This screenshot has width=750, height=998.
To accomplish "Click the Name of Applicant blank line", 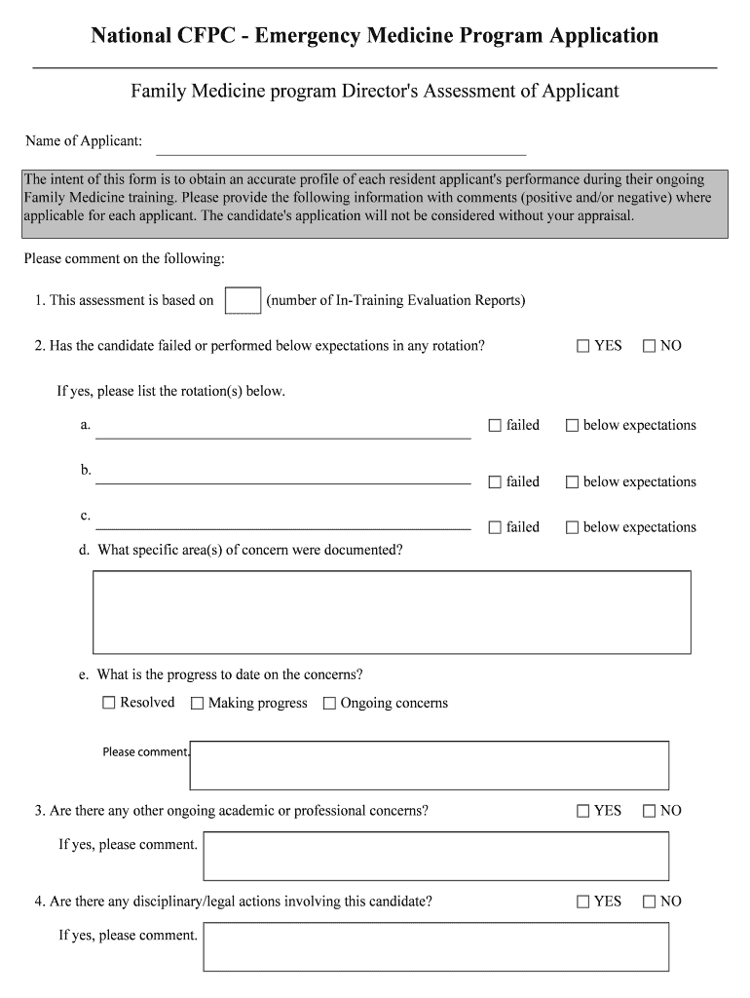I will pyautogui.click(x=341, y=146).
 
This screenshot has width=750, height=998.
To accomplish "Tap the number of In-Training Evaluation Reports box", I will pyautogui.click(x=243, y=300).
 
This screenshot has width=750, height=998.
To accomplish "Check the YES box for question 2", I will pyautogui.click(x=583, y=346).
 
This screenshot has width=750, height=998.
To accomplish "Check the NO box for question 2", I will pyautogui.click(x=650, y=346).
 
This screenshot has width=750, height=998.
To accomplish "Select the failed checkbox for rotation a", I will pyautogui.click(x=495, y=426).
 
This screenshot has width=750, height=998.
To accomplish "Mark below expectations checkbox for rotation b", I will pyautogui.click(x=573, y=482).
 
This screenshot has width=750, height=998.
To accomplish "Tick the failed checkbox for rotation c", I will pyautogui.click(x=495, y=527).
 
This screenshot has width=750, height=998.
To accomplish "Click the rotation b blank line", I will pyautogui.click(x=282, y=478).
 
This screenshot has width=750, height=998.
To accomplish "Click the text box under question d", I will pyautogui.click(x=392, y=611).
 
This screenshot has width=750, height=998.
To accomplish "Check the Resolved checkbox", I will pyautogui.click(x=109, y=703).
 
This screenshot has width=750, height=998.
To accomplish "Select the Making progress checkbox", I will pyautogui.click(x=198, y=703).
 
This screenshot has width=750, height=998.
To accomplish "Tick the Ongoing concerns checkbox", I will pyautogui.click(x=329, y=703).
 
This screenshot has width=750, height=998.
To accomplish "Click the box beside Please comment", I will pyautogui.click(x=429, y=765).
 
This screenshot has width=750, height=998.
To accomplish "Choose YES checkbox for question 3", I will pyautogui.click(x=583, y=811).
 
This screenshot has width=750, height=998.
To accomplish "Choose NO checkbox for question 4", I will pyautogui.click(x=650, y=902).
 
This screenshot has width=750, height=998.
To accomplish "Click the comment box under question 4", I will pyautogui.click(x=435, y=946).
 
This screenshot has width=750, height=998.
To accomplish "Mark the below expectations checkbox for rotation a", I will pyautogui.click(x=573, y=426).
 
